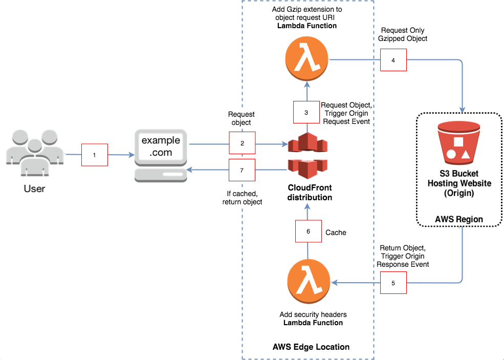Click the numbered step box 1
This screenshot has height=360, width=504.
(x=95, y=155)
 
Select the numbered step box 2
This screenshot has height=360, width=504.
(x=242, y=144)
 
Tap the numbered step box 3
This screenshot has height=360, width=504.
(x=306, y=112)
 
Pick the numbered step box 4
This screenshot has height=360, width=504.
(x=393, y=60)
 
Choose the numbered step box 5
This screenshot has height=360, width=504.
(x=393, y=282)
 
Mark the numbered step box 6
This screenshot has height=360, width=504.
(x=308, y=231)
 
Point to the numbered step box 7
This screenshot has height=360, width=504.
(x=242, y=170)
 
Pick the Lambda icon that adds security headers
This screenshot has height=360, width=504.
(x=310, y=283)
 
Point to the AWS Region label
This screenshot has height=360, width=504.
(x=458, y=219)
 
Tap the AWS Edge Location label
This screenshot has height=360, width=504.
(x=311, y=347)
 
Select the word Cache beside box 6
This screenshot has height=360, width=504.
(x=336, y=232)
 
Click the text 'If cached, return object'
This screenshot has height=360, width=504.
(x=242, y=198)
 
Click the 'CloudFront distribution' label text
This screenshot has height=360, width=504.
(x=310, y=193)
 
